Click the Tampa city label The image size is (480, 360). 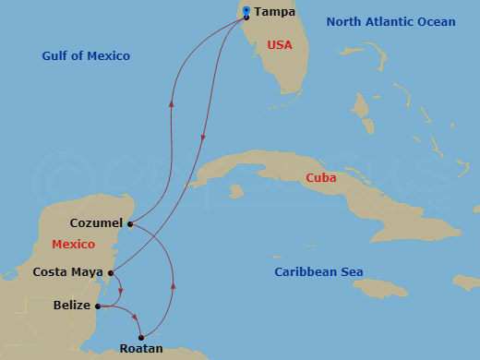274,12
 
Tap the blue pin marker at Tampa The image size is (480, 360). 246,12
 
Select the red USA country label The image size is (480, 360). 280,44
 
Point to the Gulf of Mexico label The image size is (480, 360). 86,56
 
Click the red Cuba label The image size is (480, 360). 322,177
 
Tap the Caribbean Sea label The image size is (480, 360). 318,272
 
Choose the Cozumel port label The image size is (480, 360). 97,223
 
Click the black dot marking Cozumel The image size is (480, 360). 130,223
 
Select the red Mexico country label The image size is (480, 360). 73,245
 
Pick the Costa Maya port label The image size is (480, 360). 67,272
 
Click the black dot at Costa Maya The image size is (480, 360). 111,272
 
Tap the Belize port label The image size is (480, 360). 72,306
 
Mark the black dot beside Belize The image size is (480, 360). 98,306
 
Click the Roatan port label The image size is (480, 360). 141,349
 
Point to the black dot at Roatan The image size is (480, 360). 140,337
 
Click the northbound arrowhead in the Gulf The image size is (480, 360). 171,102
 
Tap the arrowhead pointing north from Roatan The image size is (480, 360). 174,287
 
